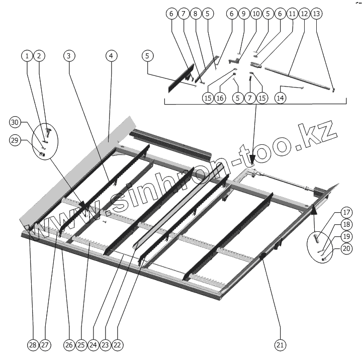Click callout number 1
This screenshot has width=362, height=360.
(x=26, y=56)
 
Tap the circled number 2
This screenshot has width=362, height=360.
(x=38, y=56)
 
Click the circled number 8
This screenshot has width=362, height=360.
(x=195, y=15)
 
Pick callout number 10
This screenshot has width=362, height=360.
(x=255, y=15)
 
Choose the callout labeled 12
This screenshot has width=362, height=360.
(x=304, y=15)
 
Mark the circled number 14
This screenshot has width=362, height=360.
(x=281, y=98)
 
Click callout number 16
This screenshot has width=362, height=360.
(x=219, y=98)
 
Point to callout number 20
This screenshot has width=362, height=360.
(x=331, y=248)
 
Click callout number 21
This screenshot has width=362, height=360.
(x=280, y=345)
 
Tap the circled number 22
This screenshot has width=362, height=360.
(x=118, y=345)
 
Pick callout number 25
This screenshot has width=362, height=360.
(x=80, y=345)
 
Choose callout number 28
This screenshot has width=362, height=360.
(x=32, y=345)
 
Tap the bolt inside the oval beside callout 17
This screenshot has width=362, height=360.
(x=316, y=236)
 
